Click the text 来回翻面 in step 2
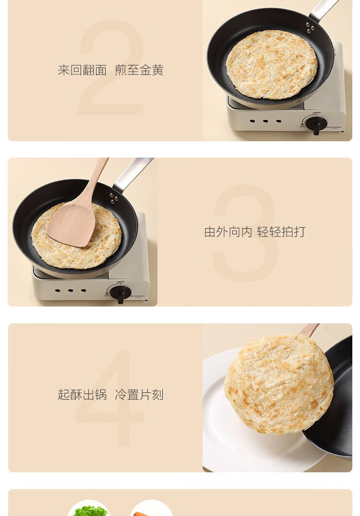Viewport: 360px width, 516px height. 82,70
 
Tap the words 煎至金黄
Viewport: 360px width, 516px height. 139,70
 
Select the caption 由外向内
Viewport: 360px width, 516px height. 228,232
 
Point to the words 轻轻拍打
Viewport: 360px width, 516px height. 281,232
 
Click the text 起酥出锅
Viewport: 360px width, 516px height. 82,394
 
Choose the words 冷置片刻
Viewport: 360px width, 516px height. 139,394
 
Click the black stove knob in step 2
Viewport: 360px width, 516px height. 316,124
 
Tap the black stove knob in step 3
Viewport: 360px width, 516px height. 120,293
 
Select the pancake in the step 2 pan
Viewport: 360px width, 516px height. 272,64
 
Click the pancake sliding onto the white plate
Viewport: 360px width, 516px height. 279,384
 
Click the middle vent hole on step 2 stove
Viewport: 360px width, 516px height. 265,121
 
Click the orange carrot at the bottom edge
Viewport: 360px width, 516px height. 142,514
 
